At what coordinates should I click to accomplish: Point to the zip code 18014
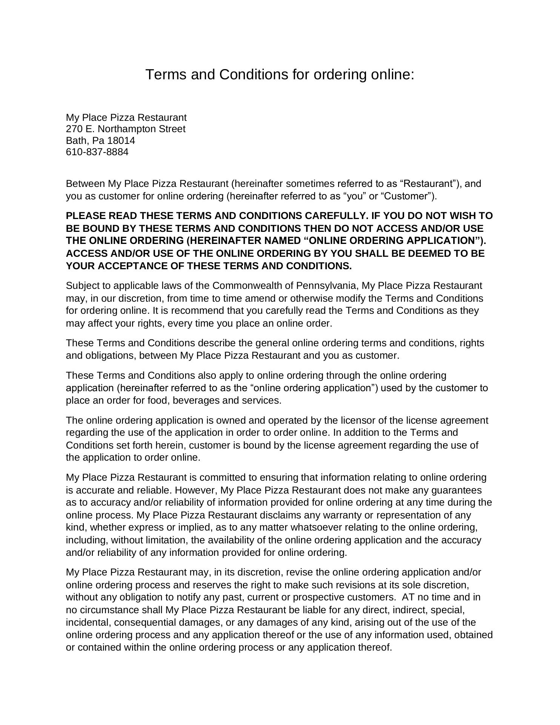pos(121,141)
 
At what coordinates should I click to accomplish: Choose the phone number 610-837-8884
pos(97,152)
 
